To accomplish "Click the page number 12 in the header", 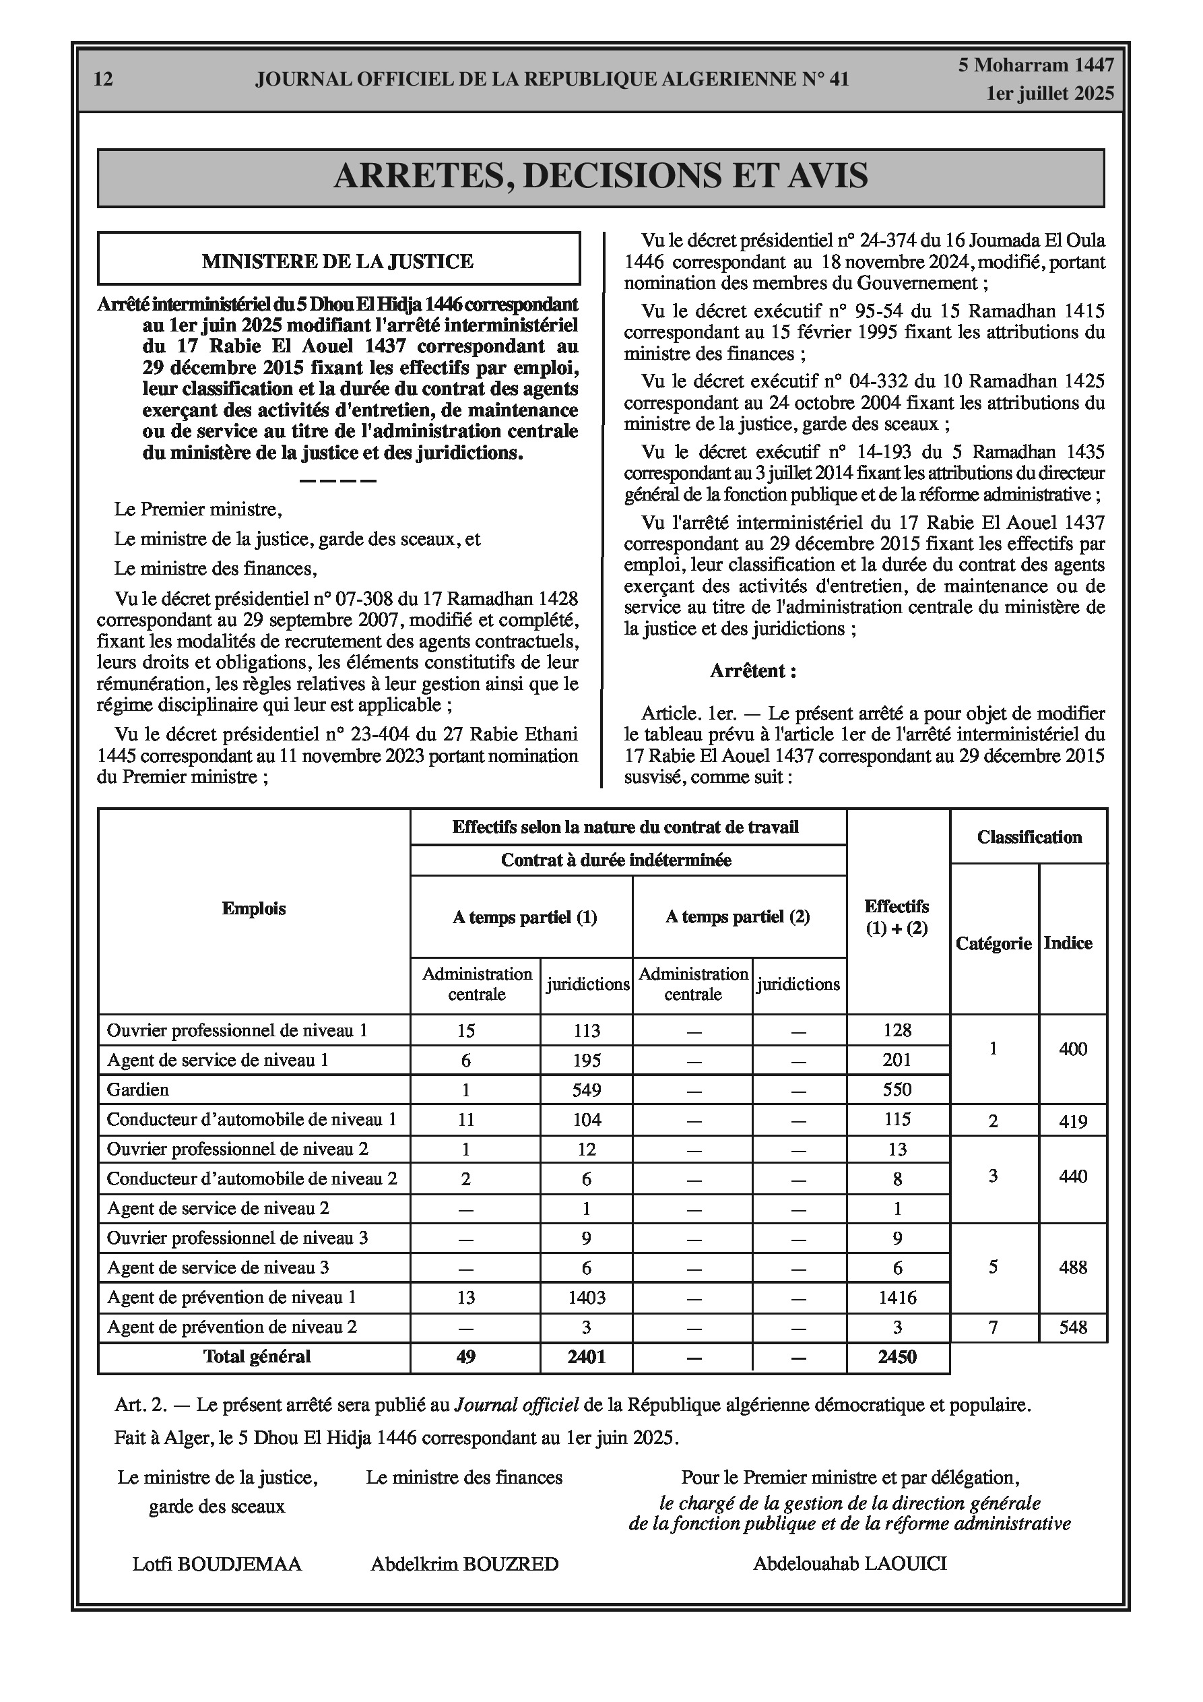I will [x=104, y=80].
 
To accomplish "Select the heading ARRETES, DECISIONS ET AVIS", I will [x=600, y=177].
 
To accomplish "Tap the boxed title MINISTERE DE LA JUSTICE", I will [x=338, y=261].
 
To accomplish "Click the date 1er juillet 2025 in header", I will [x=1049, y=94].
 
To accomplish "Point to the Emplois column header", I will [x=253, y=909].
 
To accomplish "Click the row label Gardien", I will [x=138, y=1090].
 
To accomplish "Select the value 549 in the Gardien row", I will [x=586, y=1090].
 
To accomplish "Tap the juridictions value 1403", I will [x=586, y=1298].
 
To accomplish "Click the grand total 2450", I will [x=897, y=1357].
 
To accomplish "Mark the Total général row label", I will [x=257, y=1356].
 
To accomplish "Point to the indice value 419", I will [x=1072, y=1121].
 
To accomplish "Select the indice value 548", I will [x=1072, y=1327].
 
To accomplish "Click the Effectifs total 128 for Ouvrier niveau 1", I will [x=897, y=1030].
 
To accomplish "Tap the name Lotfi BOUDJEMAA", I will [x=217, y=1564].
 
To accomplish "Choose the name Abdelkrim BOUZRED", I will [x=465, y=1564].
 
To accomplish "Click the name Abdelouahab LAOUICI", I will [x=850, y=1563].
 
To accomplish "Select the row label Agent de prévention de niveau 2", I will [x=232, y=1327].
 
